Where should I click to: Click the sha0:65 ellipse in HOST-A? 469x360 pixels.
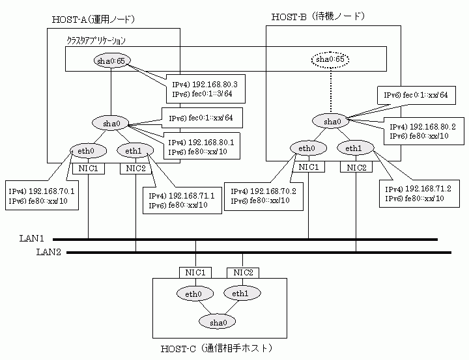coord(111,61)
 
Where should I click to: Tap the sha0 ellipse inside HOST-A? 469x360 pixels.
coord(111,122)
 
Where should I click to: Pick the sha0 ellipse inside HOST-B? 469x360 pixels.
coord(332,121)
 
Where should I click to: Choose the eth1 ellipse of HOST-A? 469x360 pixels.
coord(135,152)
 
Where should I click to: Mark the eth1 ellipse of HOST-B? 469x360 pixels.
coord(355,149)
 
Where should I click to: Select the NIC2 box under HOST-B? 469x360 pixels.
coord(356,167)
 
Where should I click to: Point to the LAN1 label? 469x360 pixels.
coord(31,239)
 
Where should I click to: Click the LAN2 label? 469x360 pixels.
coord(31,252)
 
